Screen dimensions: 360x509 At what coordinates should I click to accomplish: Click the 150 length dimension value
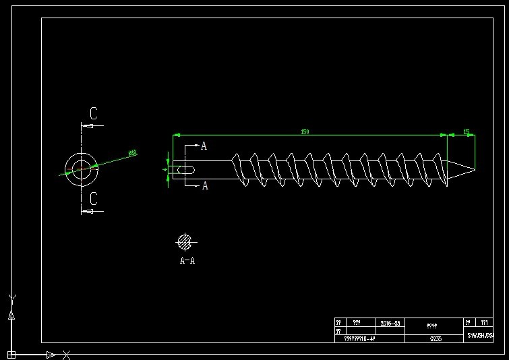(305, 132)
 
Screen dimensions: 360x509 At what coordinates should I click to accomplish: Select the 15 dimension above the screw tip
(466, 132)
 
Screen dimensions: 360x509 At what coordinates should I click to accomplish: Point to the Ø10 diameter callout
(132, 153)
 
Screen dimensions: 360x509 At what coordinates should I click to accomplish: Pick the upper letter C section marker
(94, 113)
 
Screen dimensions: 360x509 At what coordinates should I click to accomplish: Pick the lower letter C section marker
(94, 199)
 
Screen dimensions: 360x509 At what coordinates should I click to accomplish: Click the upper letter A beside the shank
(204, 146)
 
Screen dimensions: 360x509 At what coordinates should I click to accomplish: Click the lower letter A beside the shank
(205, 186)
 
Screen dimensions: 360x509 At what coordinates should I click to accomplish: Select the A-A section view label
(187, 260)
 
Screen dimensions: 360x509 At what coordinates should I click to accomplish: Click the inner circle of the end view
(82, 169)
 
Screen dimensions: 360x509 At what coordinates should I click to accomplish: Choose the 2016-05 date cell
(390, 324)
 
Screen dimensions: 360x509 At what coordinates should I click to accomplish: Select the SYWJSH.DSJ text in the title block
(480, 335)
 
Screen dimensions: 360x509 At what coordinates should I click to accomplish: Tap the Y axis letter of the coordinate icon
(11, 299)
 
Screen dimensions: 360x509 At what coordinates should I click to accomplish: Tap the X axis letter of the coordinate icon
(66, 355)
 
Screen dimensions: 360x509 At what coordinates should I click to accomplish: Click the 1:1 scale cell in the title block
(483, 323)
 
